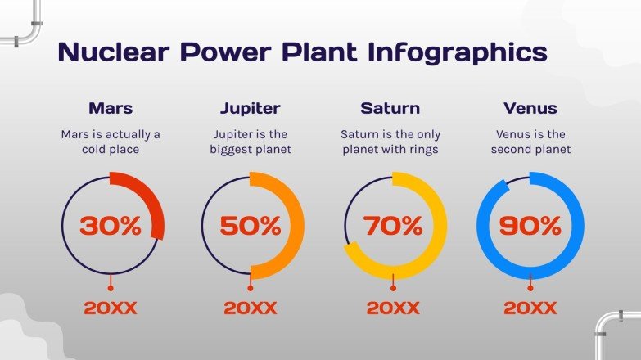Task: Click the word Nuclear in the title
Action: (x=114, y=52)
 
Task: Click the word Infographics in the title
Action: (x=458, y=53)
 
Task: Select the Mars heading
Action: (x=111, y=108)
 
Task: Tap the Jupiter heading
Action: (x=251, y=109)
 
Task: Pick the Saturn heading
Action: (x=390, y=108)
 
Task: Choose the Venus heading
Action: (x=530, y=108)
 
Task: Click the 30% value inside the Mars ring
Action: (x=111, y=226)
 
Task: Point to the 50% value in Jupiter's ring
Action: (x=251, y=226)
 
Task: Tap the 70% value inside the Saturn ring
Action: (x=393, y=226)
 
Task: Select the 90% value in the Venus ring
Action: (x=530, y=226)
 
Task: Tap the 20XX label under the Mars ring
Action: (x=111, y=308)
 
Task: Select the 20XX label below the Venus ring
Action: (x=530, y=308)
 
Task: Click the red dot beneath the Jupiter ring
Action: (x=251, y=288)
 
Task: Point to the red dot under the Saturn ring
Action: (x=393, y=288)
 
